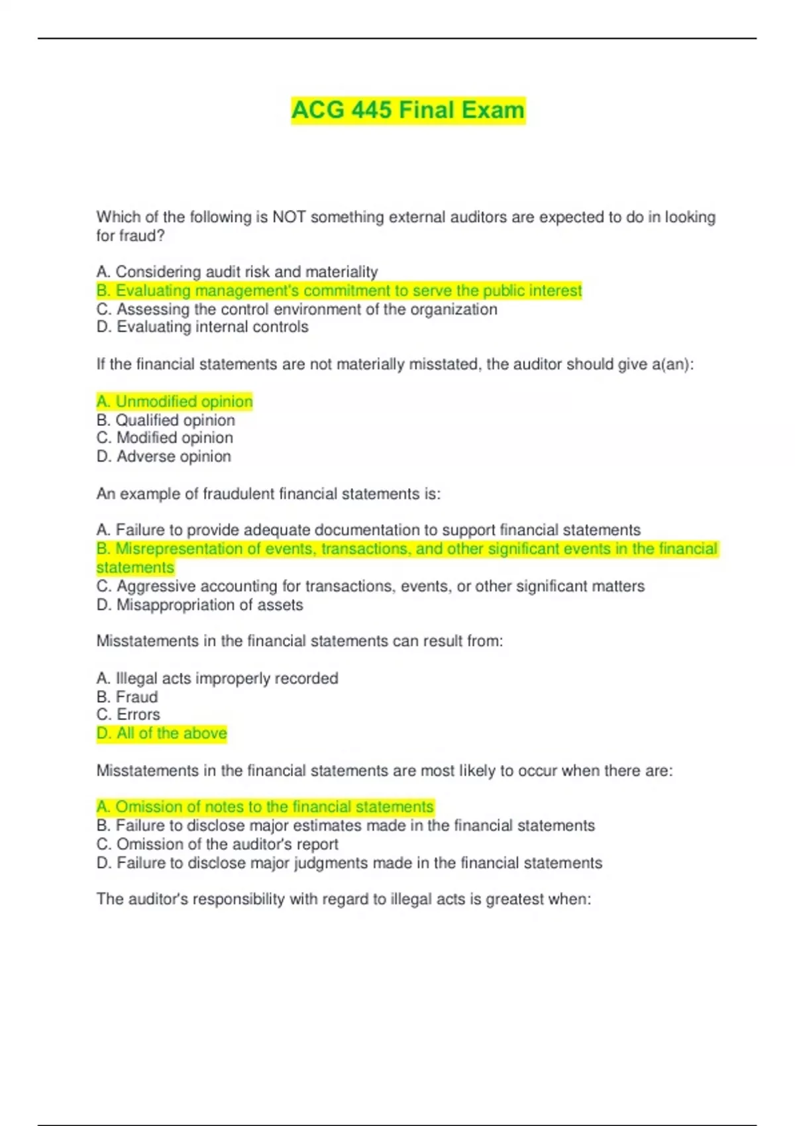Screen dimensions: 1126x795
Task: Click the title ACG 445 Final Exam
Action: (x=407, y=110)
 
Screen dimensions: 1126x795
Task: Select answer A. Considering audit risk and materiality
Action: (x=237, y=272)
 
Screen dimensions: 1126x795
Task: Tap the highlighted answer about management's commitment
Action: (x=339, y=291)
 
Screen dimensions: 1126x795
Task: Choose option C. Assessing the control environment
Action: (x=297, y=309)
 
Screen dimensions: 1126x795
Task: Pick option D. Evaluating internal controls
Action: (x=202, y=327)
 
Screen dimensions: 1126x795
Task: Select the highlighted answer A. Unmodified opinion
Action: (x=174, y=401)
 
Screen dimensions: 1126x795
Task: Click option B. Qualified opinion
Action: (x=166, y=420)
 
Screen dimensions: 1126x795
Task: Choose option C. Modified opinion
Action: (x=164, y=438)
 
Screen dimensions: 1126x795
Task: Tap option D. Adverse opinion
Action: (x=164, y=456)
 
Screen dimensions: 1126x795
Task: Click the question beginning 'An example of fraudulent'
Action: (x=268, y=493)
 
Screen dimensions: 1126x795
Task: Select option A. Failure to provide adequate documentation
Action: (x=368, y=530)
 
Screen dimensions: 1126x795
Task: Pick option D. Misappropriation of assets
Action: (x=199, y=605)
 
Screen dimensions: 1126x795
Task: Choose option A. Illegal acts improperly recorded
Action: (x=217, y=678)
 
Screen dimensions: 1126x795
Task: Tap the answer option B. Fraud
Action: (x=127, y=697)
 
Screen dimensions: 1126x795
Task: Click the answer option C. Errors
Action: (x=128, y=715)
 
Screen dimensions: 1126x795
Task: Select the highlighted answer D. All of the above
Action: (x=162, y=733)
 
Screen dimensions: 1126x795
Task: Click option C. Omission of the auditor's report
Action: (x=217, y=844)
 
